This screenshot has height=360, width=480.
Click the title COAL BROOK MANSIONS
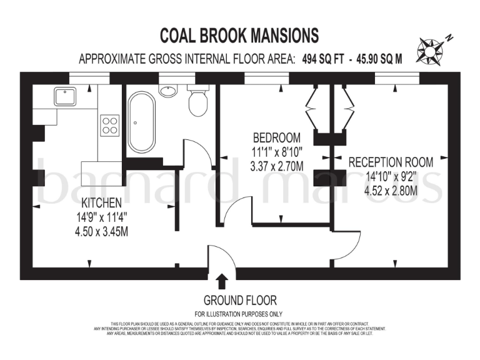tap(239, 34)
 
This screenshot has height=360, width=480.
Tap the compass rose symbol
tap(431, 49)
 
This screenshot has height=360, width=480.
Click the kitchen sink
tap(64, 96)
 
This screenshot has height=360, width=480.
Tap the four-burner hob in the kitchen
tap(110, 125)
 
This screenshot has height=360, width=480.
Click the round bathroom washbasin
tap(167, 91)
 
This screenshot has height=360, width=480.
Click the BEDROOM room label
tap(276, 137)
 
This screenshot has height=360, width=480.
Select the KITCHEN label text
tap(102, 204)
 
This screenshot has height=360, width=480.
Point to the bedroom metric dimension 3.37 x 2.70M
tap(276, 166)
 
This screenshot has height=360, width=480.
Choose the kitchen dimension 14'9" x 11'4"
tap(102, 218)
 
